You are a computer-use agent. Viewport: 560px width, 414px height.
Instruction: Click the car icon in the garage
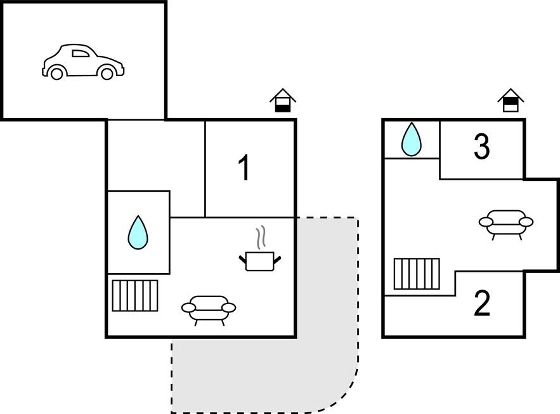[82, 62]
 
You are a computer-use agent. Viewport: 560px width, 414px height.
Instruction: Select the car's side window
[81, 54]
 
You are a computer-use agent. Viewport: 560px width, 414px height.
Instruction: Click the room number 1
[244, 169]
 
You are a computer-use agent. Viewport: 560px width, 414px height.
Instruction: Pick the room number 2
[482, 304]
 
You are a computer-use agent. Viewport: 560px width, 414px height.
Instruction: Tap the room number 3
[482, 147]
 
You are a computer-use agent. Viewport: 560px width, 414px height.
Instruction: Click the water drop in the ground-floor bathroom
[137, 232]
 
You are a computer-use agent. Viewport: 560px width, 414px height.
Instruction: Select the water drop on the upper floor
[412, 139]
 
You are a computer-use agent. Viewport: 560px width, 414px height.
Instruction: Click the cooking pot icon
[260, 260]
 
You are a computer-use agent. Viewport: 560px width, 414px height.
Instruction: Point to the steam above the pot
[260, 238]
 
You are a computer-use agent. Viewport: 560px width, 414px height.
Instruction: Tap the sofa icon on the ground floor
[209, 309]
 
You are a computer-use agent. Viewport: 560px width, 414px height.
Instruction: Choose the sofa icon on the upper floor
[505, 223]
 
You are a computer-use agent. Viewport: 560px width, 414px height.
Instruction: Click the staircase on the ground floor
[135, 295]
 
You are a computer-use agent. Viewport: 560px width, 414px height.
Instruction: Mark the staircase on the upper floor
[417, 274]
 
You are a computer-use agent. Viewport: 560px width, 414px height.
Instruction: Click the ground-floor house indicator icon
[283, 102]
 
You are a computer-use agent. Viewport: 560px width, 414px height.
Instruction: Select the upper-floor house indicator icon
[511, 102]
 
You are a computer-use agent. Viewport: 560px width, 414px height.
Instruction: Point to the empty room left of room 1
[155, 156]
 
